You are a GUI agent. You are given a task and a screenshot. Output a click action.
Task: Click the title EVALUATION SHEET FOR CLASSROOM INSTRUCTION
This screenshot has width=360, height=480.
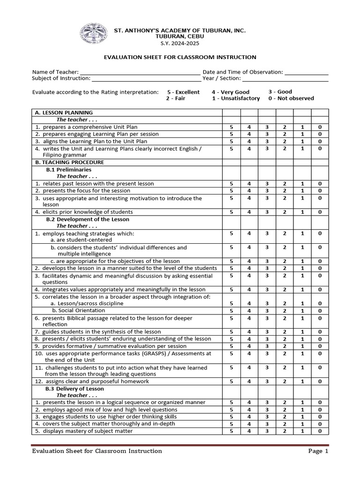pos(180,57)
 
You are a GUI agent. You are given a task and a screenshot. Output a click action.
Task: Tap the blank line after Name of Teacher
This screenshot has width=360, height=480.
pos(140,73)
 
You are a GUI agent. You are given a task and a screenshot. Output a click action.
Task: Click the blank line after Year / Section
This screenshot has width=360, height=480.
pos(286,79)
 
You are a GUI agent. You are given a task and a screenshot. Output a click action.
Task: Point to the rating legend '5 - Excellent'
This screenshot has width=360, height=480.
pos(183,92)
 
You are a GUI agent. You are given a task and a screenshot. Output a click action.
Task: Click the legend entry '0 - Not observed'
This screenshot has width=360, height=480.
pos(292,98)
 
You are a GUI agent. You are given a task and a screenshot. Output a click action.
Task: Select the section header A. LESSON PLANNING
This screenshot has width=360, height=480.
pos(64,112)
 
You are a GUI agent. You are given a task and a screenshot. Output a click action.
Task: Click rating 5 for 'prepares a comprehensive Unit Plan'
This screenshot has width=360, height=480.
pos(231,127)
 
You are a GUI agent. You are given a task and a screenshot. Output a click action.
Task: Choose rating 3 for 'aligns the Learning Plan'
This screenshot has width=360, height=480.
pos(267,141)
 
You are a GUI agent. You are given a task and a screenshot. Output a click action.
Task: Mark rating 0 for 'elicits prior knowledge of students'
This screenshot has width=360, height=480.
pos(320,212)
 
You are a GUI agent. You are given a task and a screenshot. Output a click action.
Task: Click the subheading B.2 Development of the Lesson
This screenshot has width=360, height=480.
pos(87,219)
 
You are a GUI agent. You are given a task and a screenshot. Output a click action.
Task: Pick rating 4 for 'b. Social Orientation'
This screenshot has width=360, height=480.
pos(249,311)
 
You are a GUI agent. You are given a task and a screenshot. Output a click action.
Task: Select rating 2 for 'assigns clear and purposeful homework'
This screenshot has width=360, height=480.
pos(285,382)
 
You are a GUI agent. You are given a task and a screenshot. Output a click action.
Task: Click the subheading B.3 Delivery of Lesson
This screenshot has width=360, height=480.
pos(75,389)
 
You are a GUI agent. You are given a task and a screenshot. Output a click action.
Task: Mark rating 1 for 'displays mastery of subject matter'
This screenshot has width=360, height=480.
pos(302,431)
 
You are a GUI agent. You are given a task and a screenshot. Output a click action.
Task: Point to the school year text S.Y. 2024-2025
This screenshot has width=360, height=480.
pos(180,43)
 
